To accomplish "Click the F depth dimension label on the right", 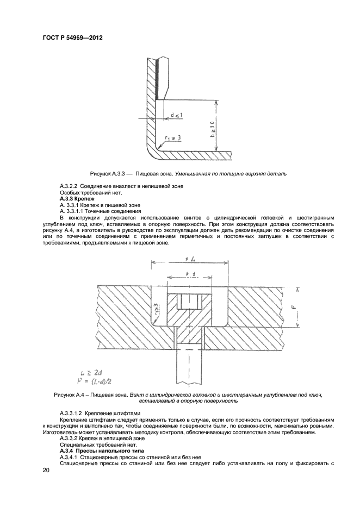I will [294, 307].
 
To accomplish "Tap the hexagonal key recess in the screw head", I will [188, 302].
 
